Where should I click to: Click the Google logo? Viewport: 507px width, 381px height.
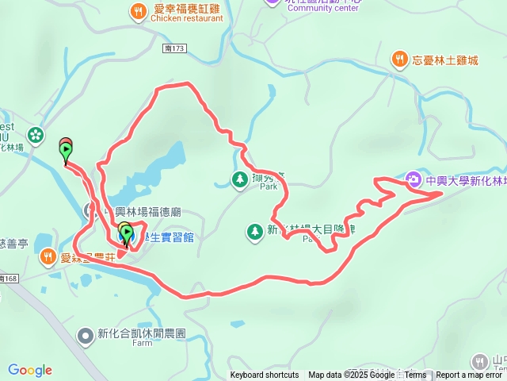click(x=30, y=370)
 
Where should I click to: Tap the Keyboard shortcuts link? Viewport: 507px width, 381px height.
click(x=265, y=375)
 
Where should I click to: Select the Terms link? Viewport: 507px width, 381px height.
click(x=414, y=375)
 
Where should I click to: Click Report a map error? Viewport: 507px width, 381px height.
click(x=471, y=375)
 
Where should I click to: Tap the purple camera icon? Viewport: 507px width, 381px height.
click(x=414, y=179)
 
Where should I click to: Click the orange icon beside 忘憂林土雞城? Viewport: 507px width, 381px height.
click(x=401, y=59)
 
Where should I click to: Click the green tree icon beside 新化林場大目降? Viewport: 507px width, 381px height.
click(x=254, y=232)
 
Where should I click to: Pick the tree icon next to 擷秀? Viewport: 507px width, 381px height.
click(x=239, y=180)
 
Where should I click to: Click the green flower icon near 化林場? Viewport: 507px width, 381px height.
click(x=34, y=134)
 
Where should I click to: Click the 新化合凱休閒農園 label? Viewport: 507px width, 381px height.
click(x=142, y=334)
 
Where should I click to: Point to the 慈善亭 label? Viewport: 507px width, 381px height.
click(x=13, y=242)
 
